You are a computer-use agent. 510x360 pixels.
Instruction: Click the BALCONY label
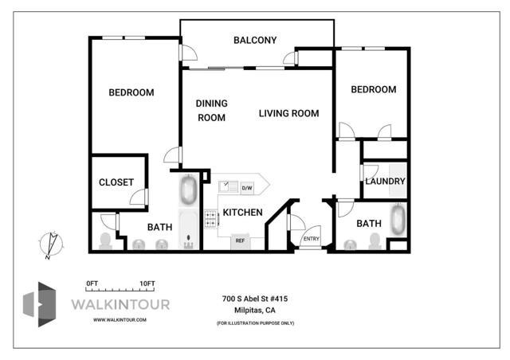click(255, 41)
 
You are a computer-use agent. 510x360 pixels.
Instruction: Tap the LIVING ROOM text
click(288, 114)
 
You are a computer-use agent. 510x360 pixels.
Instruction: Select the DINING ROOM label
click(211, 111)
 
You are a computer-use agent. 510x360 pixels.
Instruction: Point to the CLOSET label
click(116, 182)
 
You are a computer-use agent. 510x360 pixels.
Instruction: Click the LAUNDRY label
click(385, 181)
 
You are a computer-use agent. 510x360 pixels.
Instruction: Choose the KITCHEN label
click(242, 213)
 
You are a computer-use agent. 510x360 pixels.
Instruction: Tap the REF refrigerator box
click(240, 241)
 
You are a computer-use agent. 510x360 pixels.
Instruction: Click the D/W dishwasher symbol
click(247, 188)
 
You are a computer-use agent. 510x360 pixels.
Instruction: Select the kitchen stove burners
click(210, 218)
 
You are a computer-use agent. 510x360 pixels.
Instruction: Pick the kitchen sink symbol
click(229, 186)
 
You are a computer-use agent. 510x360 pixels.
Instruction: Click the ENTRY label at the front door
click(312, 239)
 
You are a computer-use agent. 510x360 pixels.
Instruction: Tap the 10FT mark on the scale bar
click(147, 284)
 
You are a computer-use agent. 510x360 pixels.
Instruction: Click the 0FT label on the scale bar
click(92, 284)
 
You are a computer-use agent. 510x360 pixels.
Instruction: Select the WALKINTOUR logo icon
click(39, 304)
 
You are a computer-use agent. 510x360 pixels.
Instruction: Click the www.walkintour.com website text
click(120, 320)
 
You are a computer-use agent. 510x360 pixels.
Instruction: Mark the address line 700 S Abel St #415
click(255, 299)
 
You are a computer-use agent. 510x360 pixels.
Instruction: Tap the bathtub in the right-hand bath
click(398, 220)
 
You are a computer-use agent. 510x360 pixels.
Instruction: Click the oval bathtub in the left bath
click(188, 190)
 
